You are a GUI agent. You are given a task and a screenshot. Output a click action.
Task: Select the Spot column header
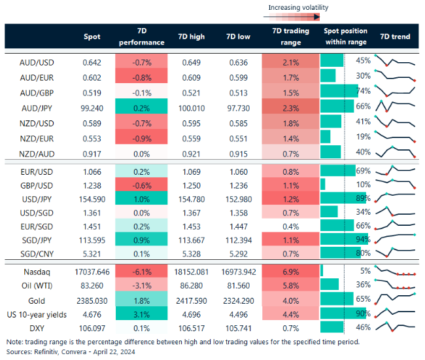(x=92, y=37)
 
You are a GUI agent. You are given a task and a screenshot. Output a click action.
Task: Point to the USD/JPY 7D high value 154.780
(x=192, y=198)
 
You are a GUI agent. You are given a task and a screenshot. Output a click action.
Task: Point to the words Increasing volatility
(x=298, y=8)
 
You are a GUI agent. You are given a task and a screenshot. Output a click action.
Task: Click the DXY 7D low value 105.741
(x=240, y=327)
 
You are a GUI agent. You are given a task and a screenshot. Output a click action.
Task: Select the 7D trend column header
(x=395, y=37)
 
